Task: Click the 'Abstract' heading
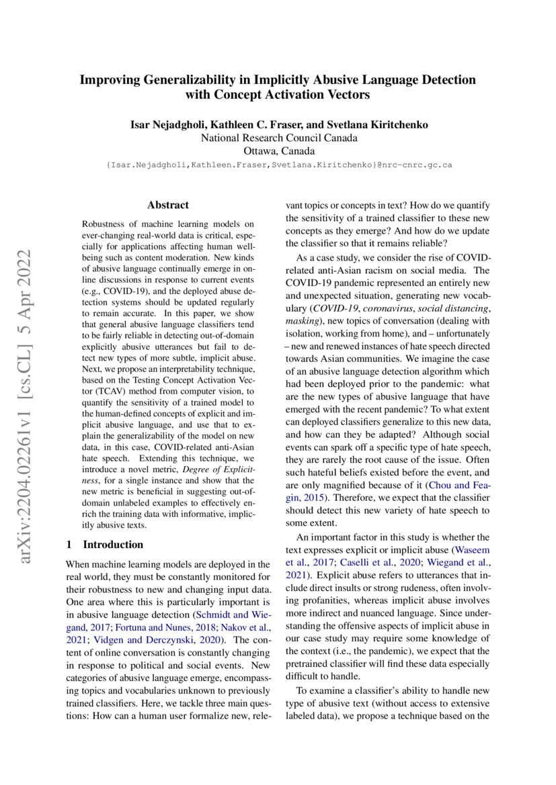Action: pos(168,205)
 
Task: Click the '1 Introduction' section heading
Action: pos(105,544)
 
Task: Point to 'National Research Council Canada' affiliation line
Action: pos(278,138)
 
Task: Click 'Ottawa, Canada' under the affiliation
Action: pos(278,150)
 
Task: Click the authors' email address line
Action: pos(278,164)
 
